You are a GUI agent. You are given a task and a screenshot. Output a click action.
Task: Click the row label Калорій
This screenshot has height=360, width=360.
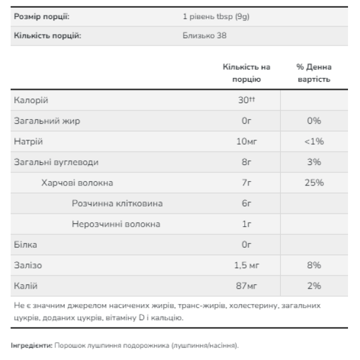[x=31, y=100]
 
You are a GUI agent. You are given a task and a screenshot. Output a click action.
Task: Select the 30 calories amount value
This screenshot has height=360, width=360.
[x=245, y=100]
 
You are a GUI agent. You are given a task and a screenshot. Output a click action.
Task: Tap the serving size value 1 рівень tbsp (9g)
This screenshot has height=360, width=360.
[x=215, y=16]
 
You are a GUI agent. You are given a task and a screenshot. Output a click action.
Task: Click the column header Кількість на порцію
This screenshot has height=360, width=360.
[x=246, y=73]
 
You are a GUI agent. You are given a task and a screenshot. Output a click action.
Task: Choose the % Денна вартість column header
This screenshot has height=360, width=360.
[x=314, y=73]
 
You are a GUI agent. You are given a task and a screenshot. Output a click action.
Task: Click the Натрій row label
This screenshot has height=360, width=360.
[x=29, y=142]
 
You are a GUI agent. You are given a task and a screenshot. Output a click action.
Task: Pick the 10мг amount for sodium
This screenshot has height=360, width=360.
[x=246, y=142]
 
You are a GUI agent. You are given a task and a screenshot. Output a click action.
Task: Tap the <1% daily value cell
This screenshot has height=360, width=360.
[x=314, y=142]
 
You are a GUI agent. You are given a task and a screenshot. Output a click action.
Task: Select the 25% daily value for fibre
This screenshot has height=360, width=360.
[x=314, y=182]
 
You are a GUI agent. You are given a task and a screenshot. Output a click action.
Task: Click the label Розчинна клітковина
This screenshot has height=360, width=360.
[x=117, y=203]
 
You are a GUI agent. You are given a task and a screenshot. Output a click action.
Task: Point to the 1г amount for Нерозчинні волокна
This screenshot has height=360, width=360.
[x=246, y=224]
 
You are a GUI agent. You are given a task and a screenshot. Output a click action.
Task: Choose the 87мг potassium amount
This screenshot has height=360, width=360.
[x=246, y=286]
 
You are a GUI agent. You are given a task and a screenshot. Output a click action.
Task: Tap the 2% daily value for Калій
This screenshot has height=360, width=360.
[x=314, y=286]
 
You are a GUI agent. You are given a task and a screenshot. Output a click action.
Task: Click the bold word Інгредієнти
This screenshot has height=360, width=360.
[x=32, y=346]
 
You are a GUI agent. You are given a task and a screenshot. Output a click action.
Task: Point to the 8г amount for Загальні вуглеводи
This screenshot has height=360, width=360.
[x=246, y=162]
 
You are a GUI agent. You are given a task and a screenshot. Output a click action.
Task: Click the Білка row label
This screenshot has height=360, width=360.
[x=25, y=245]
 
